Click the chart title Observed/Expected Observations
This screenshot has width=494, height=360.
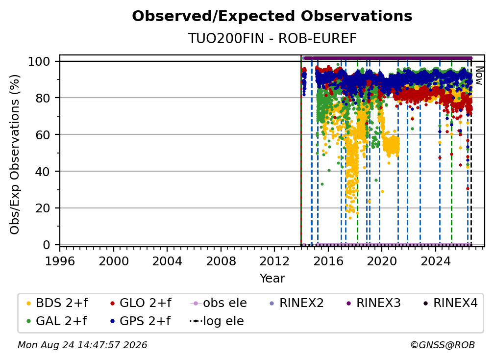tap(272, 16)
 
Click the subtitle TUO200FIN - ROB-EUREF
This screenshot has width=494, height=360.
tap(272, 38)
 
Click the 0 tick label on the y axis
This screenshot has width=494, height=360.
tap(47, 245)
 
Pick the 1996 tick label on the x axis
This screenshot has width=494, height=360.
tap(60, 261)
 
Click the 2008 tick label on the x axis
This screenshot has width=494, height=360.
tap(221, 261)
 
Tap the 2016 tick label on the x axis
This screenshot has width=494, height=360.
tap(328, 261)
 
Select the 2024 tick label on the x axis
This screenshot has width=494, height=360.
tap(435, 261)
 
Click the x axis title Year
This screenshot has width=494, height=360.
tap(272, 279)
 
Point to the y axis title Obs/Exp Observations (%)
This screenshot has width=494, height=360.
tap(15, 154)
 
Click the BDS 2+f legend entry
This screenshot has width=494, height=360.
tap(57, 303)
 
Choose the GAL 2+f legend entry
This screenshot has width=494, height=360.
tap(56, 321)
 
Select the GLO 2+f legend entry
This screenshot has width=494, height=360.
tap(141, 303)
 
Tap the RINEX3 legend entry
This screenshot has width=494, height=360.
tap(373, 303)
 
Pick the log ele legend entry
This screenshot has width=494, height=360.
tap(217, 321)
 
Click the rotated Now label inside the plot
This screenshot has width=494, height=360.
tap(479, 76)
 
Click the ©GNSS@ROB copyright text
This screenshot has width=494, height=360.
tap(443, 345)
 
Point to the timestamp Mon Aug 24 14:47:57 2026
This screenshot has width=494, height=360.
tap(82, 345)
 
